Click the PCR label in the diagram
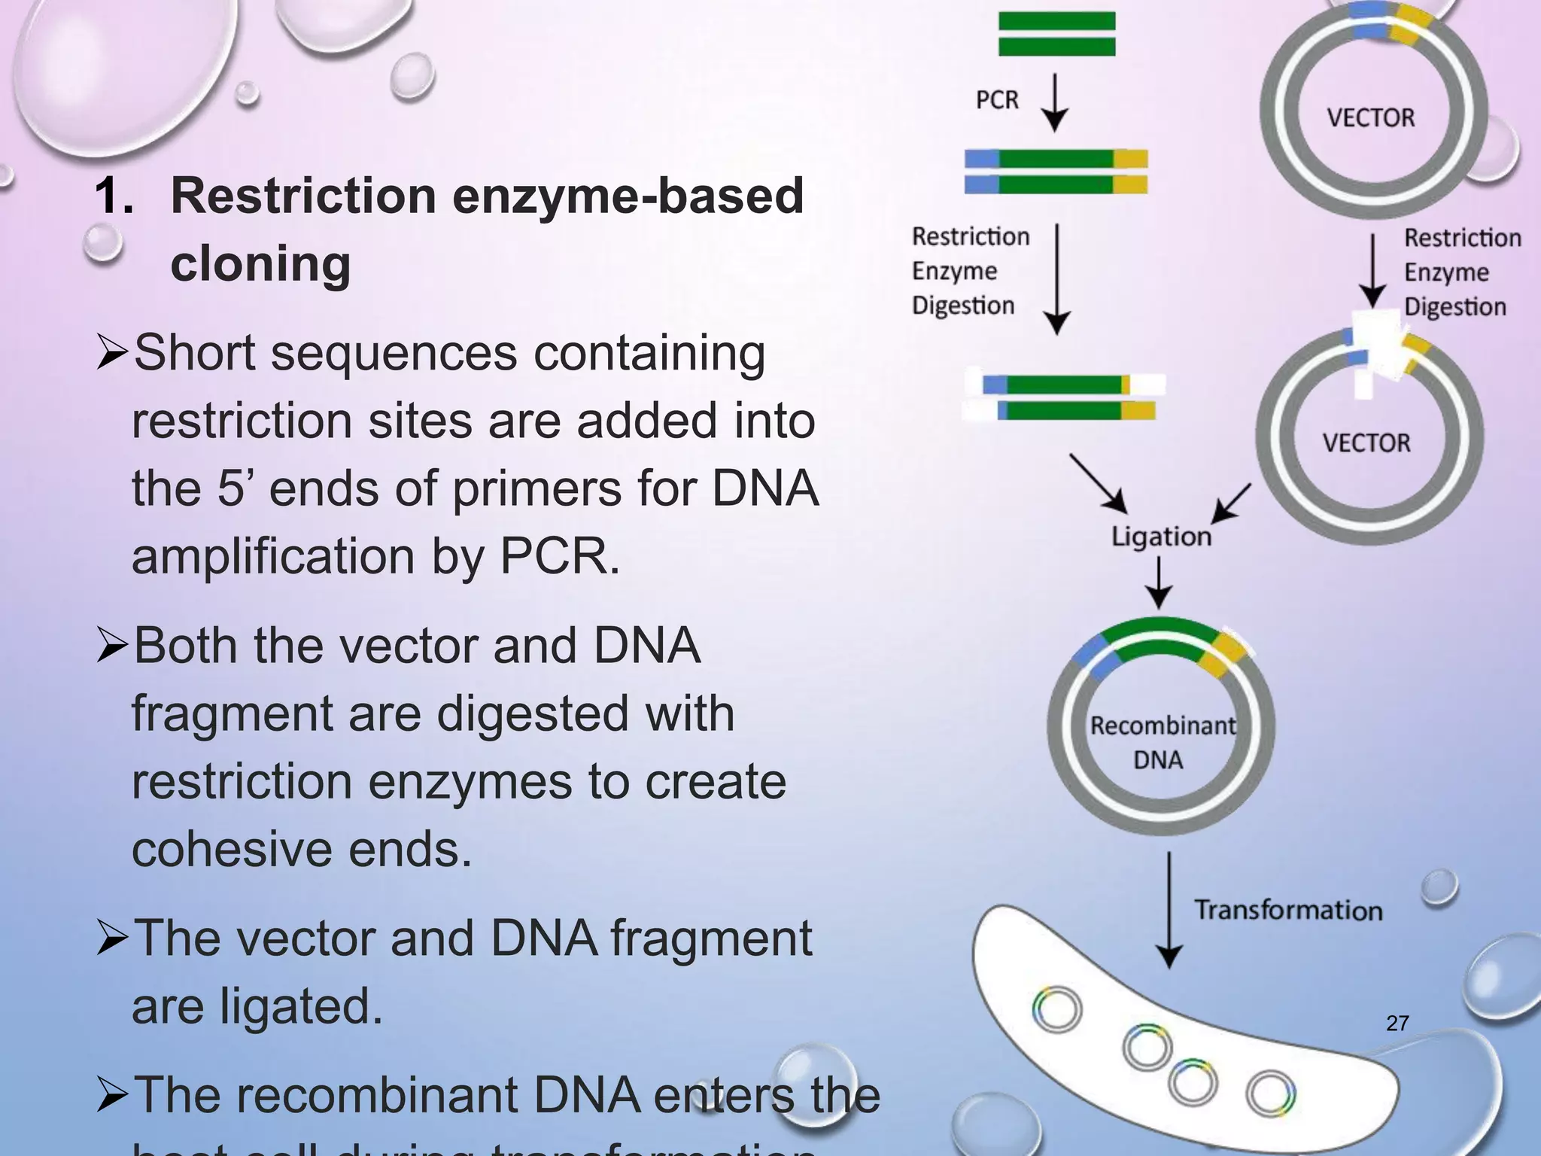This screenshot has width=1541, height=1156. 997,100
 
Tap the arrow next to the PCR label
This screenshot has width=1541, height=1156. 1055,102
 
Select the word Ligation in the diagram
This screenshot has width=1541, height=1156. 1161,537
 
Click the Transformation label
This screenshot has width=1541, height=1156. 1288,910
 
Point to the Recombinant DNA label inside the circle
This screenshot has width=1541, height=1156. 1161,742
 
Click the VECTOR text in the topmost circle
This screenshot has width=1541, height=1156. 1370,118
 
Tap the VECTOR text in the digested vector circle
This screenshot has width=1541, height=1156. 1366,443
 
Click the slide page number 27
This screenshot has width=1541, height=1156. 1397,1023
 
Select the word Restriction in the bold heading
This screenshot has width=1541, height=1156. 303,196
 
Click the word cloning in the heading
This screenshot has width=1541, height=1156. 260,263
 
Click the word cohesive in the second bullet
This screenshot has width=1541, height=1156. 232,850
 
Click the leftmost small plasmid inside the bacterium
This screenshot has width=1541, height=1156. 1056,1008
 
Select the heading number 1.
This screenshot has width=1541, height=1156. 114,196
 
